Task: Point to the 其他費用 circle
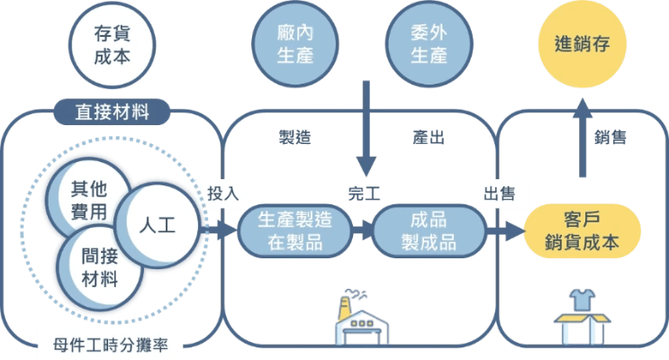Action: (x=92, y=200)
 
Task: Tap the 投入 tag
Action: (x=222, y=193)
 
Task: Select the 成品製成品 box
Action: (x=429, y=230)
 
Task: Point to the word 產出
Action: (x=428, y=138)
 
